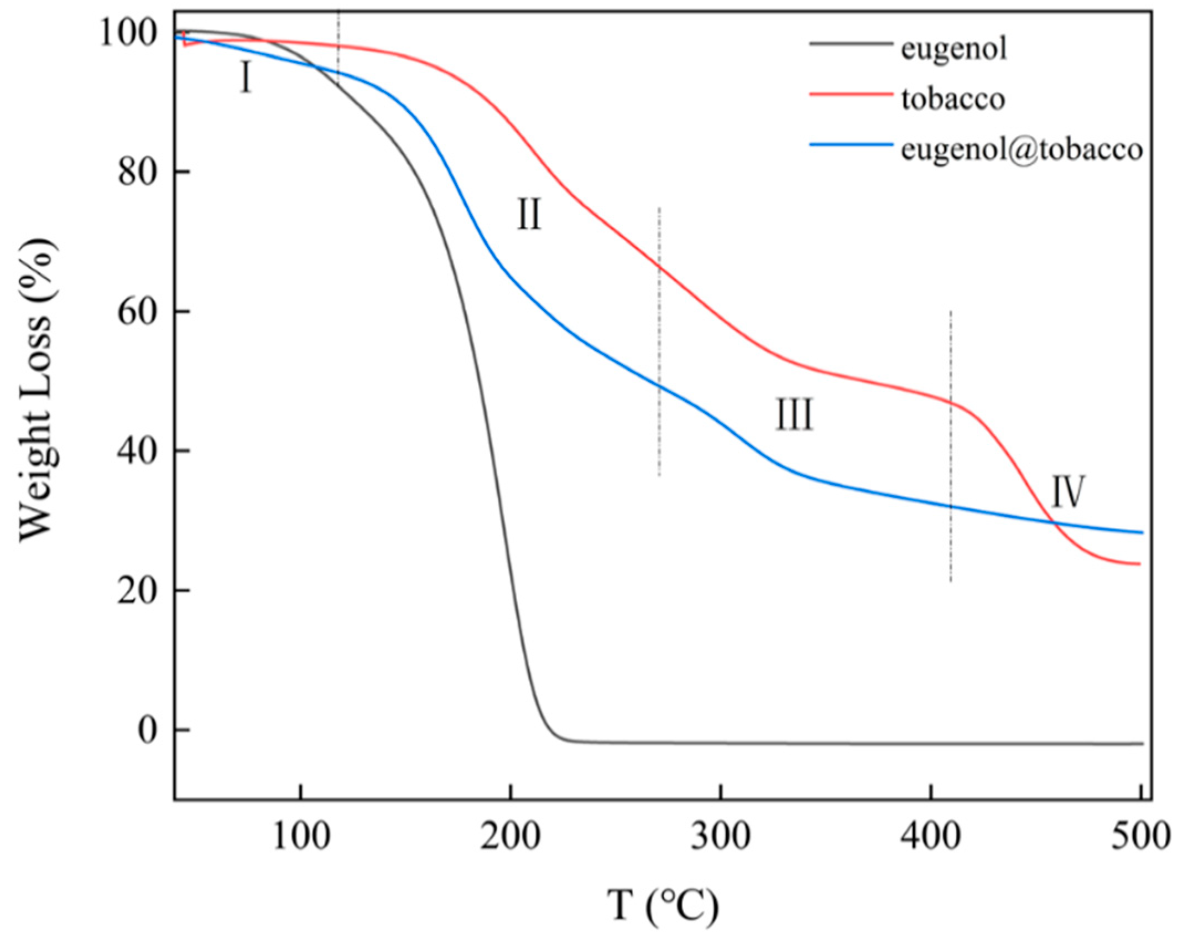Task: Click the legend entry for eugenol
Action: [953, 49]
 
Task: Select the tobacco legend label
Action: [953, 99]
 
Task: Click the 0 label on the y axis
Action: [148, 730]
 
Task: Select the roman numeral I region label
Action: [246, 78]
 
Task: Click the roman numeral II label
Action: [529, 215]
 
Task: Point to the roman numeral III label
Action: [794, 416]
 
